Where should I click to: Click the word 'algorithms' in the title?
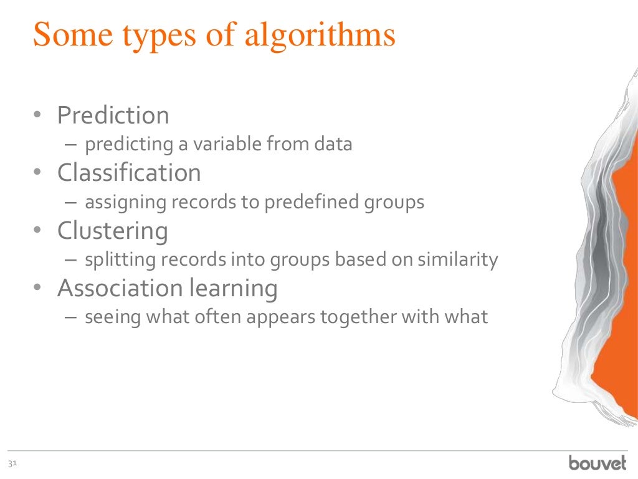click(320, 36)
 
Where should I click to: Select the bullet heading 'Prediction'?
click(113, 115)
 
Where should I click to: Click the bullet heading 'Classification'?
click(129, 173)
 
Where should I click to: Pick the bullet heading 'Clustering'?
click(112, 231)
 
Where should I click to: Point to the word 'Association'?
click(112, 288)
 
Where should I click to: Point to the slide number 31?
click(11, 463)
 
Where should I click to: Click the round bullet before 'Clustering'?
click(37, 231)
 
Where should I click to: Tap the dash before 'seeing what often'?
click(71, 317)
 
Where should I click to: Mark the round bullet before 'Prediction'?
click(37, 116)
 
